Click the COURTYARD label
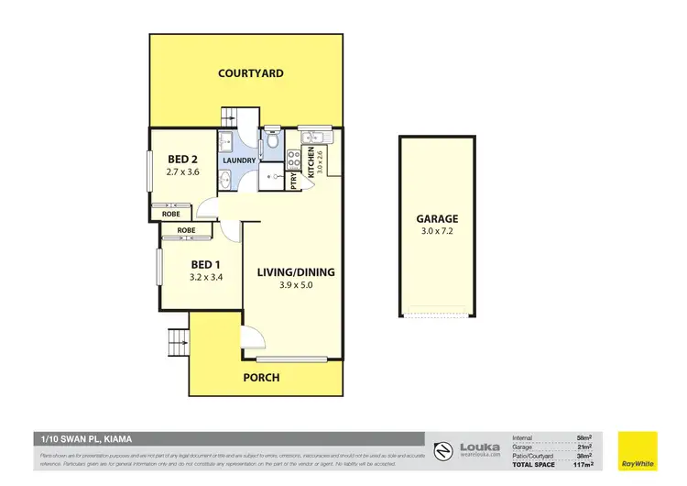click(250, 73)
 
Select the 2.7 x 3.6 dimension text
click(182, 171)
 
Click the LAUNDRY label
click(239, 160)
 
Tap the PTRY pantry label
click(295, 181)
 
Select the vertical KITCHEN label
click(311, 161)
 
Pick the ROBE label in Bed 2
click(171, 214)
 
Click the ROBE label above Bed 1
click(187, 230)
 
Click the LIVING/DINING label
click(295, 272)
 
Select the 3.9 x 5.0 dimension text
click(295, 286)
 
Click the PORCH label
click(262, 377)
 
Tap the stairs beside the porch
click(176, 345)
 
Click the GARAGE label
click(437, 219)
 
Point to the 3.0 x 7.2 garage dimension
click(437, 233)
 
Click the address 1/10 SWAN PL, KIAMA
click(82, 439)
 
